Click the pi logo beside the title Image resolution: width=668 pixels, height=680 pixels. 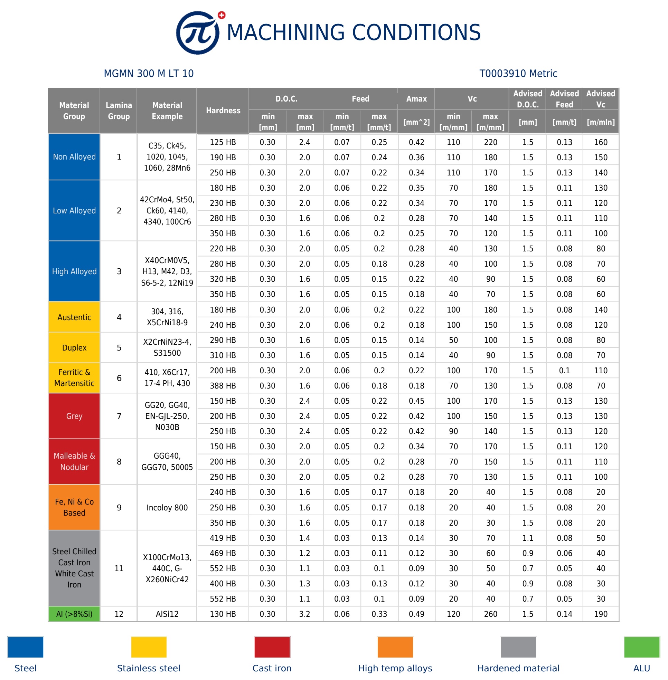click(x=198, y=32)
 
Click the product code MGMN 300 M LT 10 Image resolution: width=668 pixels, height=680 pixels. click(x=148, y=74)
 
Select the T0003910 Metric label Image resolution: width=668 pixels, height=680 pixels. click(x=518, y=74)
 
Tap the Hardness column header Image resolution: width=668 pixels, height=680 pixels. click(x=223, y=111)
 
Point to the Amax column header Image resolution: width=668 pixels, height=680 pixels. click(x=416, y=99)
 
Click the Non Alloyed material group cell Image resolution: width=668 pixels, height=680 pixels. click(x=74, y=157)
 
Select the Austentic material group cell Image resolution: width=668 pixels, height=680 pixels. click(x=74, y=317)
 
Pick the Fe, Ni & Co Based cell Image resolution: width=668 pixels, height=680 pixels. click(x=74, y=507)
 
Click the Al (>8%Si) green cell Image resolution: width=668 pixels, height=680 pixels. click(x=74, y=614)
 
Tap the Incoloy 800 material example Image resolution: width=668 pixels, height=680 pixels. click(x=167, y=507)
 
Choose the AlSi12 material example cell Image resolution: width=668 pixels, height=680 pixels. click(x=167, y=614)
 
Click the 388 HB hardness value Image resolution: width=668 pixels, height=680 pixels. click(x=223, y=386)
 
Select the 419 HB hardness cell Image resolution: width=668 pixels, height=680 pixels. click(x=223, y=538)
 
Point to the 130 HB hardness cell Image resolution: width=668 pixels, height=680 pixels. click(x=223, y=614)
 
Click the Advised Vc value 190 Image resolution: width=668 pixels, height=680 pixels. click(x=601, y=614)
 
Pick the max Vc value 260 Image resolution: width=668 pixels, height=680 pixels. click(x=490, y=614)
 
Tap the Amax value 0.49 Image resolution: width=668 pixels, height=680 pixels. click(x=416, y=614)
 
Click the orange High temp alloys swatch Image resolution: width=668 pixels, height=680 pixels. click(x=395, y=647)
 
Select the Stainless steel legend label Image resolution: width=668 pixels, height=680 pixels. click(x=148, y=668)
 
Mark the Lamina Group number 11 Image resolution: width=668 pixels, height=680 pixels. click(x=119, y=568)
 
